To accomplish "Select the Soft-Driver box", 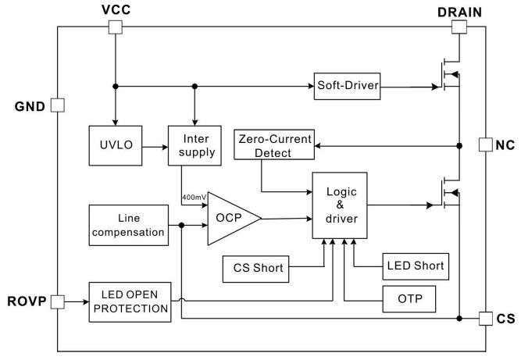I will pyautogui.click(x=347, y=86).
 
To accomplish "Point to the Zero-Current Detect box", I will pyautogui.click(x=273, y=146).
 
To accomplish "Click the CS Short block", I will pyautogui.click(x=255, y=269).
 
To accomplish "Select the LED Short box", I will pyautogui.click(x=415, y=266).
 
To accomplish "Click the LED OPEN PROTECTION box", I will pyautogui.click(x=129, y=300).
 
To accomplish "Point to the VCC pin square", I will pyautogui.click(x=115, y=27).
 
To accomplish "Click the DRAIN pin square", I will pyautogui.click(x=459, y=27).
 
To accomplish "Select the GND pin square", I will pyautogui.click(x=57, y=105).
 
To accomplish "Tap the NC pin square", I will pyautogui.click(x=485, y=145).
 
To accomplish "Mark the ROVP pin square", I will pyautogui.click(x=57, y=300).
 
